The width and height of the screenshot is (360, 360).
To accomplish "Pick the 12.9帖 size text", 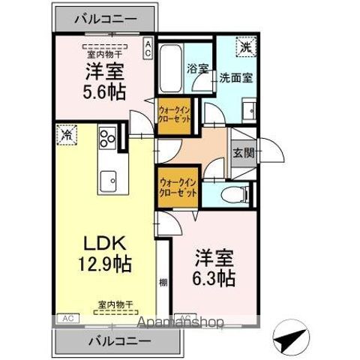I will [104, 264].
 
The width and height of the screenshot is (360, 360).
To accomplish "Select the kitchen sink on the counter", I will [108, 181].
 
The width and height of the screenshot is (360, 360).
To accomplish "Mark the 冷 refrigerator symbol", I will [67, 136].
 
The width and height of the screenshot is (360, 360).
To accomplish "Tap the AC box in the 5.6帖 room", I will [148, 49].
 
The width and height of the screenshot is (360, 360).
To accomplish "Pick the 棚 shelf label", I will [163, 283].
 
